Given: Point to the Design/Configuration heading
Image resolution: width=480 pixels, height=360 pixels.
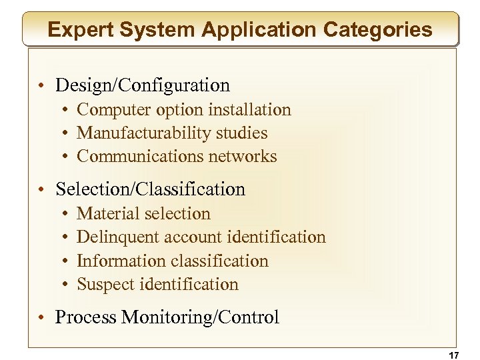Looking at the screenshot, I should point(143,85).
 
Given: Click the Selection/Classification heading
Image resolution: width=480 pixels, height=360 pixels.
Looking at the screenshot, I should point(151,189).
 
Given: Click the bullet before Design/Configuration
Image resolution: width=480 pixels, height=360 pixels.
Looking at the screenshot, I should point(42,86).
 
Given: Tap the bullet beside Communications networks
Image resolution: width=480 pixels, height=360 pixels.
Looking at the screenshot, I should point(67,157).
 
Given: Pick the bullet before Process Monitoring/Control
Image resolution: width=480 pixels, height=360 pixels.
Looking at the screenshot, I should point(42,318).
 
